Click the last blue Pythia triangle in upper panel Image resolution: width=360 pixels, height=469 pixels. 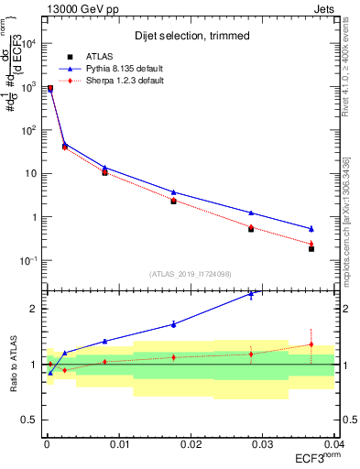pos(311,229)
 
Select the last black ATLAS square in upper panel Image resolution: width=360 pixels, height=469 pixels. pos(311,248)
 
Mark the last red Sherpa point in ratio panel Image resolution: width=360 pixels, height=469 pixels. pos(311,344)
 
